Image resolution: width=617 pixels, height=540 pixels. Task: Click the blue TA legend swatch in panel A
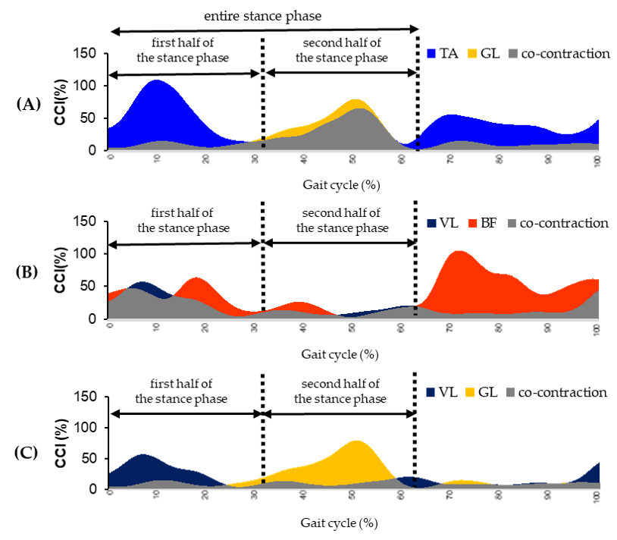[x=432, y=54]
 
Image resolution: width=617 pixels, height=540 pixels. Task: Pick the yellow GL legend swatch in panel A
[x=473, y=54]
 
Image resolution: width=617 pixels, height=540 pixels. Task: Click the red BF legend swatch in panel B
[x=474, y=223]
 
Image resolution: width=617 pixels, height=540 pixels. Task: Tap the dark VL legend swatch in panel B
[x=431, y=223]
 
